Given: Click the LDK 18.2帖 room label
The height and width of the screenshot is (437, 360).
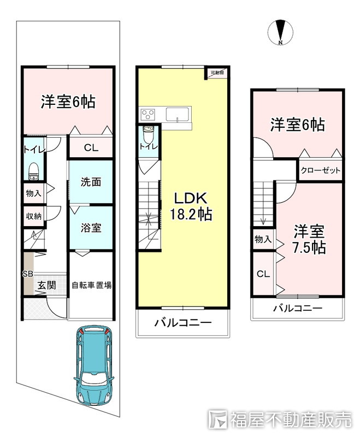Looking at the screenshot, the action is pyautogui.click(x=191, y=206).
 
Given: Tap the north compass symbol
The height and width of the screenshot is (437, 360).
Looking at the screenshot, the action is pyautogui.click(x=280, y=32).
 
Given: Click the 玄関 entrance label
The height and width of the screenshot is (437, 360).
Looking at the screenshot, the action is pyautogui.click(x=47, y=285).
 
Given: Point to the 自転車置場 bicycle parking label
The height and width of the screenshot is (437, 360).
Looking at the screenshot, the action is pyautogui.click(x=92, y=285).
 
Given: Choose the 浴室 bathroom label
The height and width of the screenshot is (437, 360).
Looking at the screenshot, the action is pyautogui.click(x=91, y=228).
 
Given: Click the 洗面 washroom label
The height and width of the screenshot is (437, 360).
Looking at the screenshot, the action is pyautogui.click(x=91, y=182).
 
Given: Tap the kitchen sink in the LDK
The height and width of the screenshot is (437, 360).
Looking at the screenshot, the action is pyautogui.click(x=178, y=115).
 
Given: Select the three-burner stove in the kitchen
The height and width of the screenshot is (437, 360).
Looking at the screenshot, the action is pyautogui.click(x=147, y=115).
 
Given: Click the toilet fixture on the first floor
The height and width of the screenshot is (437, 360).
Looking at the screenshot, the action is pyautogui.click(x=34, y=172).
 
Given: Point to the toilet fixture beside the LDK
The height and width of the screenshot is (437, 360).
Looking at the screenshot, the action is pyautogui.click(x=147, y=134).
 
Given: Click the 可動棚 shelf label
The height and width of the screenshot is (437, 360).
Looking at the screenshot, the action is pyautogui.click(x=217, y=73).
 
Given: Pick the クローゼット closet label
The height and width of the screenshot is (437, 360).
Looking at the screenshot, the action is pyautogui.click(x=321, y=170).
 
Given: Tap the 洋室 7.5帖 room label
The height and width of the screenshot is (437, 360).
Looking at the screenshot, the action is pyautogui.click(x=309, y=239).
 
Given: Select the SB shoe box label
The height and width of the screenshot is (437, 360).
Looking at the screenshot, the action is pyautogui.click(x=27, y=274).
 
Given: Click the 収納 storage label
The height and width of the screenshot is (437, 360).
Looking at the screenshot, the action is pyautogui.click(x=34, y=216).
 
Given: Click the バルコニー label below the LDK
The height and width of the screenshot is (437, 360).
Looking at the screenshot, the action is pyautogui.click(x=183, y=323).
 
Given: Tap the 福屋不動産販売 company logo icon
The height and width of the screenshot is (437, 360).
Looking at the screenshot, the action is pyautogui.click(x=217, y=419).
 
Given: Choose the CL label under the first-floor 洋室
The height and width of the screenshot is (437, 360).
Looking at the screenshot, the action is pyautogui.click(x=91, y=147).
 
